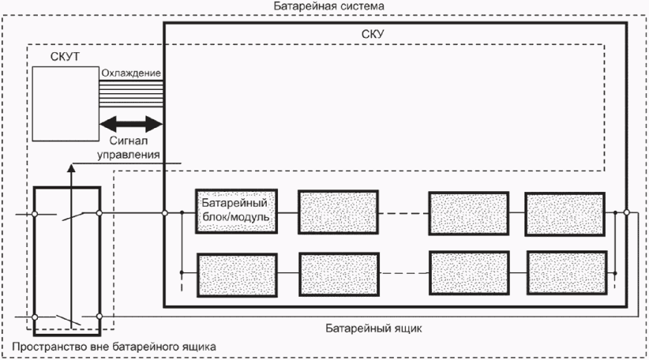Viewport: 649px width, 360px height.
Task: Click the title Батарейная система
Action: (329, 6)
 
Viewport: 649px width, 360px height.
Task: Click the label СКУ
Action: (373, 34)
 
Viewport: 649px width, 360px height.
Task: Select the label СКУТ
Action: (65, 57)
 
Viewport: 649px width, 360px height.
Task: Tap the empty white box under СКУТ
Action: (66, 104)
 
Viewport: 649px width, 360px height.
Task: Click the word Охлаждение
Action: (131, 73)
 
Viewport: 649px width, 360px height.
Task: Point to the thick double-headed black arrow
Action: (131, 124)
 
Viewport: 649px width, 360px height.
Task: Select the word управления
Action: (129, 155)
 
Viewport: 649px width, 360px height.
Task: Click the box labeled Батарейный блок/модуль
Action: (236, 212)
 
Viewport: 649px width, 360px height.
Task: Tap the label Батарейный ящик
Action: (373, 328)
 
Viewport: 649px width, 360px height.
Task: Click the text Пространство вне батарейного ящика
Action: (114, 347)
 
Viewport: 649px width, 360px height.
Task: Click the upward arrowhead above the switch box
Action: (71, 167)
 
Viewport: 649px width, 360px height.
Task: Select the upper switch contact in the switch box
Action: (73, 216)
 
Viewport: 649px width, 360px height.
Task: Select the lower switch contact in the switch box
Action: (69, 320)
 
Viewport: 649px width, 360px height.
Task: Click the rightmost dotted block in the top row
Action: (565, 214)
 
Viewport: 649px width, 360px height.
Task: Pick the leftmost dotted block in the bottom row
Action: (237, 276)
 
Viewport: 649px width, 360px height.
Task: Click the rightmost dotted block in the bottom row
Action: (567, 272)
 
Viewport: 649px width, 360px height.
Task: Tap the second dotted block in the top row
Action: (338, 212)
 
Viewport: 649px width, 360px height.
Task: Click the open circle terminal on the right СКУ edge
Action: (627, 212)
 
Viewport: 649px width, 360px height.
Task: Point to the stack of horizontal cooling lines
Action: (131, 94)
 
